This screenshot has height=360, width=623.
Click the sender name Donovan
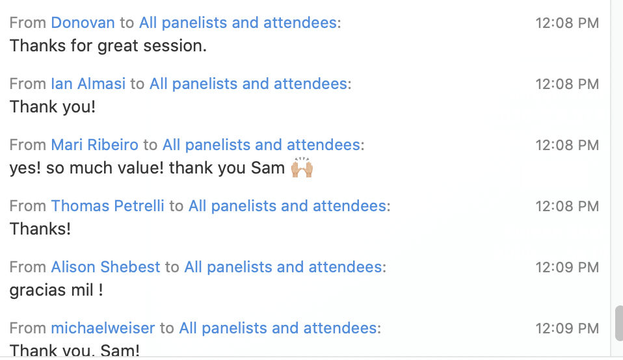point(83,23)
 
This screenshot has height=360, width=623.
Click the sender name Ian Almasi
point(88,84)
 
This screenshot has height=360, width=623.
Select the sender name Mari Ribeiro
point(94,146)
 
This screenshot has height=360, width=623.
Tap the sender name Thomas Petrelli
point(107,207)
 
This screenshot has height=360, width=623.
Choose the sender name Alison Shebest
point(105,268)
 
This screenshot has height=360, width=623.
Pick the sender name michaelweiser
point(103,329)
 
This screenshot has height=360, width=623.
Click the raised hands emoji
point(302,168)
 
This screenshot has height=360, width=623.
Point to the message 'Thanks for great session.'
point(108,46)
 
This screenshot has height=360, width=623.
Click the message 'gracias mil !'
point(57,290)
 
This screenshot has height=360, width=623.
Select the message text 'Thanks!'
point(40,229)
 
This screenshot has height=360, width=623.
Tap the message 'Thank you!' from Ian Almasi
point(53,107)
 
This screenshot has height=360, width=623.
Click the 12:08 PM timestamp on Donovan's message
point(567,23)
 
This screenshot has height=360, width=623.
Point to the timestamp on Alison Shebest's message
point(567,268)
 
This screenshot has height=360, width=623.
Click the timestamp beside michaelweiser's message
point(567,329)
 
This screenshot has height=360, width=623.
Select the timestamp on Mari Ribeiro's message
point(567,146)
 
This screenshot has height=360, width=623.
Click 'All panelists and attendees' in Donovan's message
point(238,23)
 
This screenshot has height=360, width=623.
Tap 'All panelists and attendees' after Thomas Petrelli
point(287,207)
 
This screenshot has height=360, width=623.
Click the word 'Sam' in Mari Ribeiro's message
point(268,168)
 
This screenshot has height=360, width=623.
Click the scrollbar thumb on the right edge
point(618,323)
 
